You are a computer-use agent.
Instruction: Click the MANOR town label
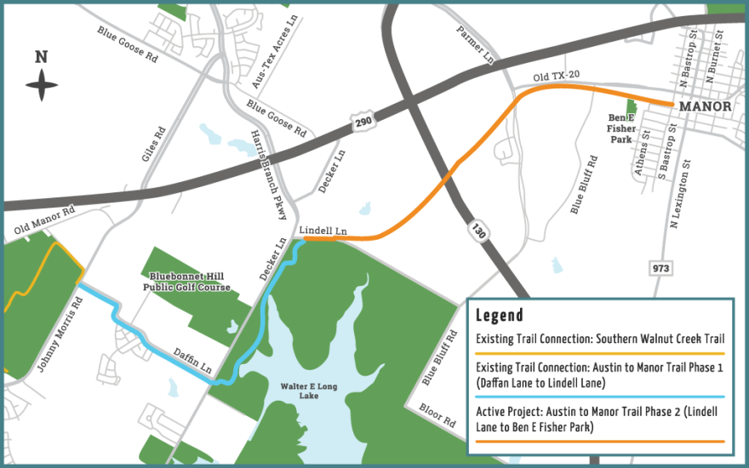click(706, 106)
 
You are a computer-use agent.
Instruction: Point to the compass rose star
click(41, 83)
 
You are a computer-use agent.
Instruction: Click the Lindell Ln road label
click(323, 231)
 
